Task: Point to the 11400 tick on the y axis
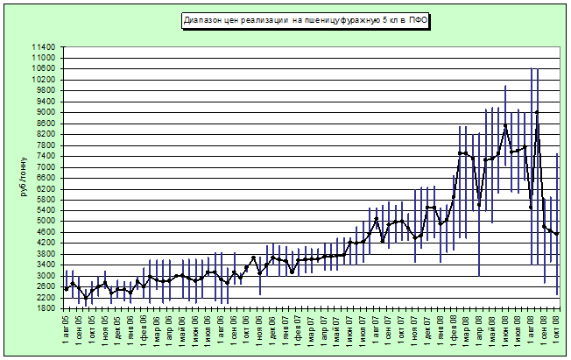point(42,46)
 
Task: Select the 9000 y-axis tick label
point(45,112)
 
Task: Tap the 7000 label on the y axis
point(45,166)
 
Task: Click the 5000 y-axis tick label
point(45,221)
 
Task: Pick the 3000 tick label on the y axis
point(45,275)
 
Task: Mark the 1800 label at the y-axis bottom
point(45,307)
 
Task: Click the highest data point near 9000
point(537,112)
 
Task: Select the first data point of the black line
point(66,288)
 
